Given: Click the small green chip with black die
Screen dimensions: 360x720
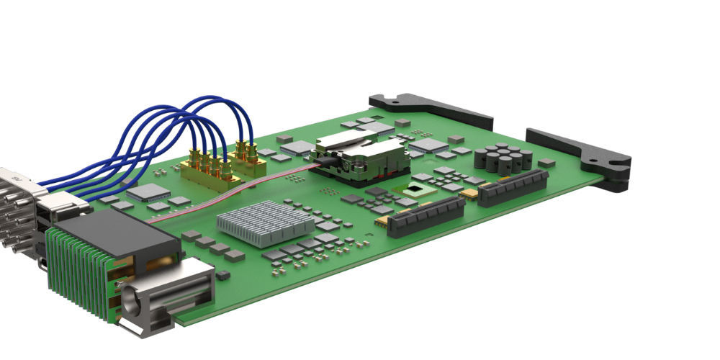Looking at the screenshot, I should (x=416, y=191).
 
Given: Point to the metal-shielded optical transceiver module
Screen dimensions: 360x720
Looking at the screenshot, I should (x=364, y=158).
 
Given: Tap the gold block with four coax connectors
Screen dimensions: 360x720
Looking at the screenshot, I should (x=209, y=169).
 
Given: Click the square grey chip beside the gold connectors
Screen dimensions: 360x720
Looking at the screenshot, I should (x=149, y=192).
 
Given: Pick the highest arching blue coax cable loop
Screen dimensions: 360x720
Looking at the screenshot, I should (x=209, y=101).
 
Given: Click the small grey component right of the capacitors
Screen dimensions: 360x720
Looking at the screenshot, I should (x=547, y=163).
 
